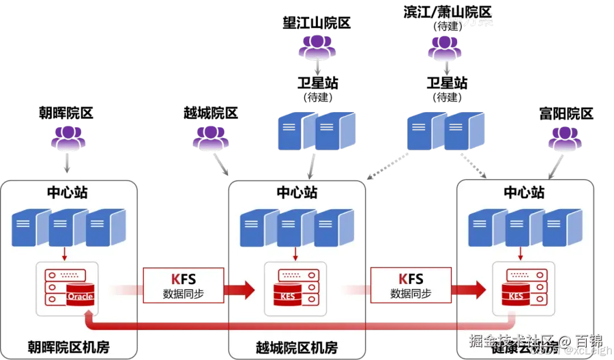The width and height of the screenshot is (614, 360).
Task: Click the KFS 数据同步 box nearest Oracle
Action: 183,285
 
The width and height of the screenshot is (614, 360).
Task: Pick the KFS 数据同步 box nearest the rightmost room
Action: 410,285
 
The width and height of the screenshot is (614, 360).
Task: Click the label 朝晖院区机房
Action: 69,347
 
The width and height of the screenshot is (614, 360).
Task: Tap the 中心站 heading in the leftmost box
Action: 67,192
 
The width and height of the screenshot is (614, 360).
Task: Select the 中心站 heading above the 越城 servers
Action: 297,192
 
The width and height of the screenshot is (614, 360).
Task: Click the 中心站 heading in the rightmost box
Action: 524,192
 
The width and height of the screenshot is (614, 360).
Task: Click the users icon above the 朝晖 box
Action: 69,140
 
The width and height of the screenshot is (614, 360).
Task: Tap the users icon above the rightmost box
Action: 565,140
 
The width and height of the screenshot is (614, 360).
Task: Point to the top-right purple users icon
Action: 445,48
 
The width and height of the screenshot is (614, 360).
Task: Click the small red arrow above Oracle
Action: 67,252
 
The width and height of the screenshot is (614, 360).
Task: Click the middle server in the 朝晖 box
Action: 68,228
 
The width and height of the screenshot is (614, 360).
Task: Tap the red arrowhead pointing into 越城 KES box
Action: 247,289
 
